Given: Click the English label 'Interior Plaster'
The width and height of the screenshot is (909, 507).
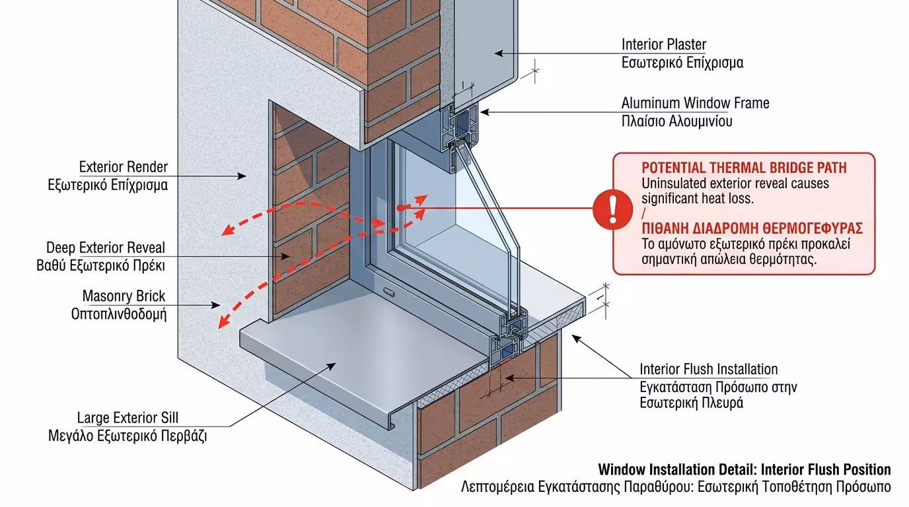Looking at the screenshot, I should point(663,44).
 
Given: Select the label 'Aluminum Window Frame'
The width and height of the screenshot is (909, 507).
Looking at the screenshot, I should point(695,103).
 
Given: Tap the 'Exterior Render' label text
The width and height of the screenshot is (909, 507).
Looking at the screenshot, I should point(124,167).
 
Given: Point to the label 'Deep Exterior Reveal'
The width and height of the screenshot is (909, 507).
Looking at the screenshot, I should point(106,248).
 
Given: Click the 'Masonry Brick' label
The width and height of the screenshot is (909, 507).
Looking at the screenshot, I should point(124,296).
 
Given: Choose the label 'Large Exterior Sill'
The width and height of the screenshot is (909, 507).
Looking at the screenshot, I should point(127,418).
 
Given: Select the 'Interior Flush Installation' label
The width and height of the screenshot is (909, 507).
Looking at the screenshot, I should point(708,369).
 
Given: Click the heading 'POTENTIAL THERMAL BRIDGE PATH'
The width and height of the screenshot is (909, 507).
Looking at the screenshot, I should point(744,168).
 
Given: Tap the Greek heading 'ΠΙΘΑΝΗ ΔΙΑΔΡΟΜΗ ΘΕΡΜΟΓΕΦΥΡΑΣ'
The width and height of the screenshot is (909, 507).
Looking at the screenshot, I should point(752,228).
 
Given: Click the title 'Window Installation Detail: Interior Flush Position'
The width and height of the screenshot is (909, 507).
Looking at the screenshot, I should point(745,470).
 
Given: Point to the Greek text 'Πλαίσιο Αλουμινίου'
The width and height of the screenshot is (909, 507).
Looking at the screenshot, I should point(676,121).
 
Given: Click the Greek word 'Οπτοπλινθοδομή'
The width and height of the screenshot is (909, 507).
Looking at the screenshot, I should point(119,314).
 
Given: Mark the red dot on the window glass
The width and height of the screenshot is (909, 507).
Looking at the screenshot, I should point(400,208).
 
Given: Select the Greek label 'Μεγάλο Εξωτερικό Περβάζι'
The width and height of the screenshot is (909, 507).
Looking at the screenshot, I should point(127,436).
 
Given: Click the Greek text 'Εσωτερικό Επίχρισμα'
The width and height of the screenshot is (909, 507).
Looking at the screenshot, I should point(682,63).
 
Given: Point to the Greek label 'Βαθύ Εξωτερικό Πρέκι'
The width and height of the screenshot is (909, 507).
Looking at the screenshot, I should point(100,266).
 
